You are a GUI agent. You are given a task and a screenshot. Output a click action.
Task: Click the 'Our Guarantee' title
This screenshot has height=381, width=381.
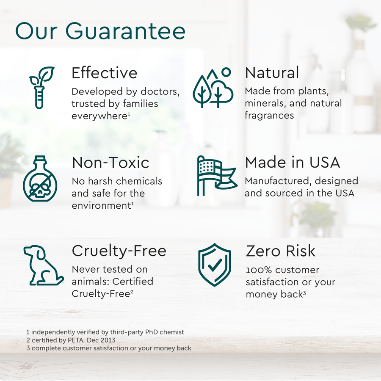pyautogui.click(x=100, y=31)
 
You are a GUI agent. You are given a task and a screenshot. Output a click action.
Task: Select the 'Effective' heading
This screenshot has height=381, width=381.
pyautogui.click(x=104, y=73)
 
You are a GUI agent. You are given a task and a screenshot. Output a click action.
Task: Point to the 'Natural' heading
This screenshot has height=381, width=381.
pyautogui.click(x=272, y=73)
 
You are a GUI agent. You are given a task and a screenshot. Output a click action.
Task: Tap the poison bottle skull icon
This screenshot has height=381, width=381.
pyautogui.click(x=39, y=178)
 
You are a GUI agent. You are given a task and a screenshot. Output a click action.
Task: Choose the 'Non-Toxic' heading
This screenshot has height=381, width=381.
pyautogui.click(x=110, y=163)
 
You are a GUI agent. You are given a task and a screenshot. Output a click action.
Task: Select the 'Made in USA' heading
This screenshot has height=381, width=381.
pyautogui.click(x=293, y=163)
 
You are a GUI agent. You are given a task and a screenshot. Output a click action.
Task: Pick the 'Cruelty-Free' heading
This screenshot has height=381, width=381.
pyautogui.click(x=119, y=251)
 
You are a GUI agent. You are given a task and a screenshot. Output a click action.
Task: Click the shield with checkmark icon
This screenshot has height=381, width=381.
pyautogui.click(x=215, y=265)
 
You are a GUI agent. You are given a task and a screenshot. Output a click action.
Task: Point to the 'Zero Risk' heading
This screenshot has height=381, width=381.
pyautogui.click(x=281, y=251)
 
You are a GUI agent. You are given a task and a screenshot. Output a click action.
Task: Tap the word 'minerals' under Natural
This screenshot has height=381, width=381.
pyautogui.click(x=264, y=103)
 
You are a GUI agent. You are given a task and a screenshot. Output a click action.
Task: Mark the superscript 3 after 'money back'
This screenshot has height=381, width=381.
pyautogui.click(x=304, y=292)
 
